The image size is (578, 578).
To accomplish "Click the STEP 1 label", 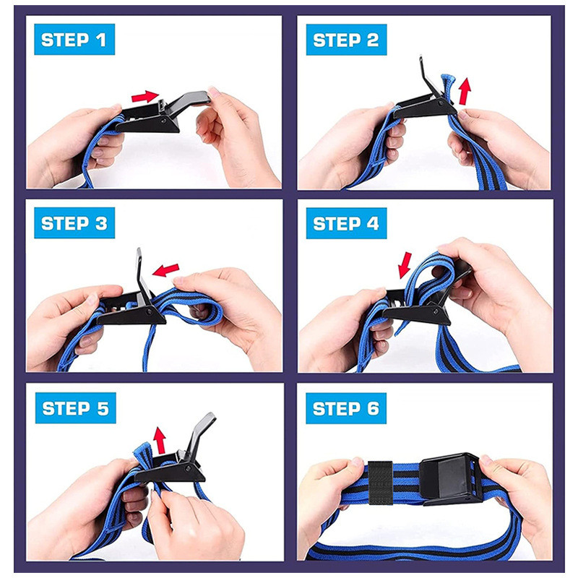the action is coord(74,40).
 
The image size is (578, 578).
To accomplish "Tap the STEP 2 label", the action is coord(346,40).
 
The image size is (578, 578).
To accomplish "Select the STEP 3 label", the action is coord(74,223).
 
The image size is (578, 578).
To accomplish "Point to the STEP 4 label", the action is coord(346,223).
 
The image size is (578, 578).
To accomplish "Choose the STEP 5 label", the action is coord(76,407).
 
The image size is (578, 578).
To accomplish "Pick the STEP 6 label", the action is coord(346,408).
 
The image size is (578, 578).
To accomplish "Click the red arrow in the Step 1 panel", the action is coord(145,97).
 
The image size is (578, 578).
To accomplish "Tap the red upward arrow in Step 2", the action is coord(465,91).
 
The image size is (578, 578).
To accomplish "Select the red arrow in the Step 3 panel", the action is coord(165,269).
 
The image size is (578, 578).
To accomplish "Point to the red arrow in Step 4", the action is coord(405,265).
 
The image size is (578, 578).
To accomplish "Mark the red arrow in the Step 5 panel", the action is coord(160,440).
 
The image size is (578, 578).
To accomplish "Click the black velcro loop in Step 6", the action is coord(380,482).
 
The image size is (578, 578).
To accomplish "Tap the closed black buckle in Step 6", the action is coord(450,478).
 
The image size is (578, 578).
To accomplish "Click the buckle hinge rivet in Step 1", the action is coord(163,121).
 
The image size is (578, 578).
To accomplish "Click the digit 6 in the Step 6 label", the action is coord(373,408).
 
